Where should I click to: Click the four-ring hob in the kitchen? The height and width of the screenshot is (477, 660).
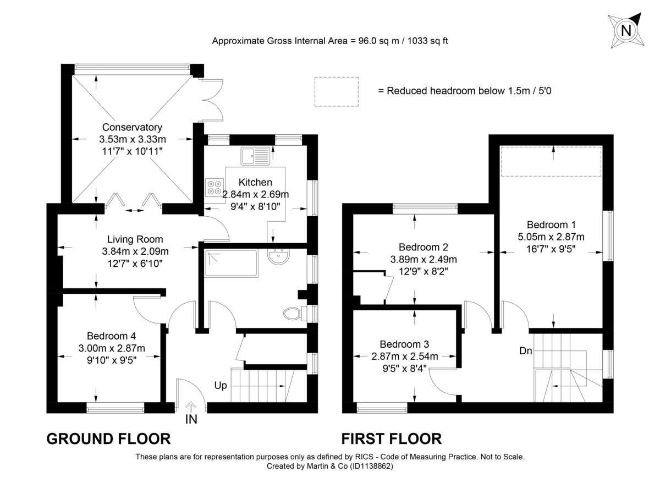(x=214, y=188)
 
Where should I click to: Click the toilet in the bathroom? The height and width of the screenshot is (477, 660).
(x=293, y=314)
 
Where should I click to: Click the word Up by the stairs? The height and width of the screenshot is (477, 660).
(x=221, y=386)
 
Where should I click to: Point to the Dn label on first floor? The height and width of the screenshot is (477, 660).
(x=526, y=350)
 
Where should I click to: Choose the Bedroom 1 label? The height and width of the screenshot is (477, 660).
(x=551, y=224)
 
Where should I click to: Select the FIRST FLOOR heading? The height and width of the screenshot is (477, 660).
(x=391, y=438)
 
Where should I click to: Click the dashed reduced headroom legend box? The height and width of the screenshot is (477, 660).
(x=336, y=91)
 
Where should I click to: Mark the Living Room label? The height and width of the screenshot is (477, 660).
(x=135, y=239)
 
